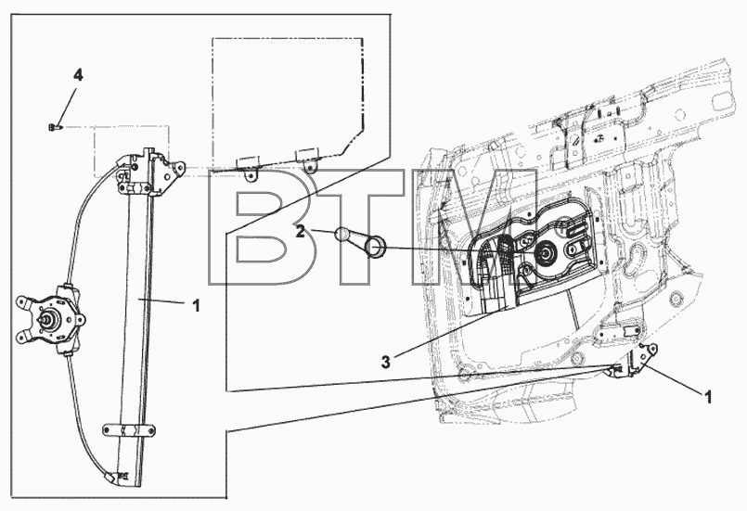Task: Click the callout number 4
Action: (78, 75)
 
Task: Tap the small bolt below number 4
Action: (55, 127)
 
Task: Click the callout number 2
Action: (300, 232)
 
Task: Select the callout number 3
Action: (385, 362)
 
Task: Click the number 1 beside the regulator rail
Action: (196, 306)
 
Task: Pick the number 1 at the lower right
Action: (707, 397)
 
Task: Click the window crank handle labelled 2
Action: (363, 241)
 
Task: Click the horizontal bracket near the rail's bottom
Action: (129, 429)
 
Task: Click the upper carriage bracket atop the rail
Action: (149, 172)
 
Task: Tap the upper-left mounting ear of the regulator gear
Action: (23, 302)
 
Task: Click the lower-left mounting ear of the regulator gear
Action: (22, 337)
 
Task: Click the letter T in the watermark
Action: (367, 227)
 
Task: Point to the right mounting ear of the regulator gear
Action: (79, 319)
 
